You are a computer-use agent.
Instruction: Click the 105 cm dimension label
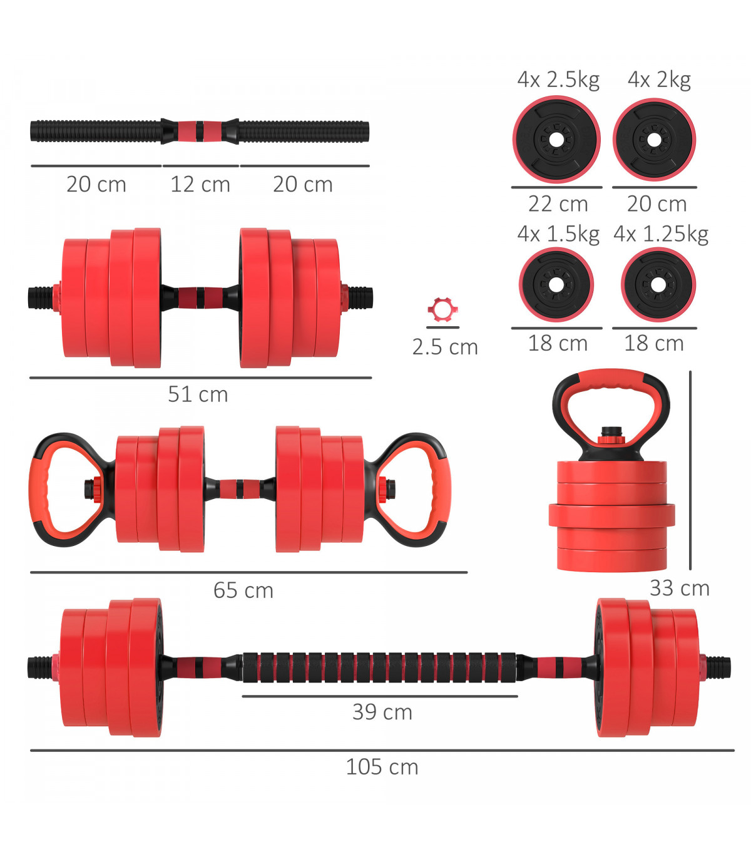tap(381, 767)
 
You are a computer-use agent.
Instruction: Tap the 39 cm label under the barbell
tap(382, 712)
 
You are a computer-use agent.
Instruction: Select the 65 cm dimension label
tap(243, 590)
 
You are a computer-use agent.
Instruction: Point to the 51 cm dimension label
tap(198, 394)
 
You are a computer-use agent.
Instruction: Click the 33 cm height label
tap(679, 588)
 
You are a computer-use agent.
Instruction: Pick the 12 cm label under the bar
tap(200, 184)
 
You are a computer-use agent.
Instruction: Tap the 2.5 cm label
tap(445, 347)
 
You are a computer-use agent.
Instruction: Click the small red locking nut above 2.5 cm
tap(442, 310)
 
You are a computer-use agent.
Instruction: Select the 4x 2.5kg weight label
tap(558, 80)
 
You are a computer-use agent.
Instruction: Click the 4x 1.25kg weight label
tap(661, 235)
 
